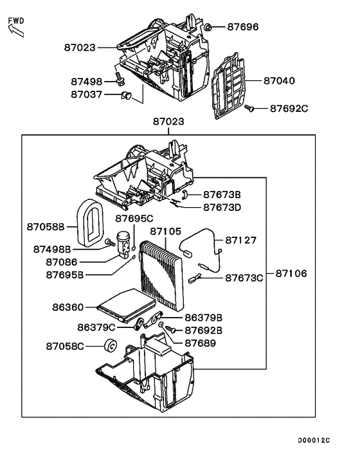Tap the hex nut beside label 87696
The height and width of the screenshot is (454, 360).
pos(210,27)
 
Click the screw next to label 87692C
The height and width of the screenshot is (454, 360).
pos(249,109)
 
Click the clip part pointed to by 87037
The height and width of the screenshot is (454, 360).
pos(125,96)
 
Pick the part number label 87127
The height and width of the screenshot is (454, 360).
pos(240,240)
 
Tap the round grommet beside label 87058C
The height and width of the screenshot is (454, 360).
pos(109,346)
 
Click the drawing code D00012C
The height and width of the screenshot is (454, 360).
pos(313,440)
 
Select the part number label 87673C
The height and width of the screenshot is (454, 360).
pos(244,278)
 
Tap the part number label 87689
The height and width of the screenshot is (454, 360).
pos(200,343)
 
